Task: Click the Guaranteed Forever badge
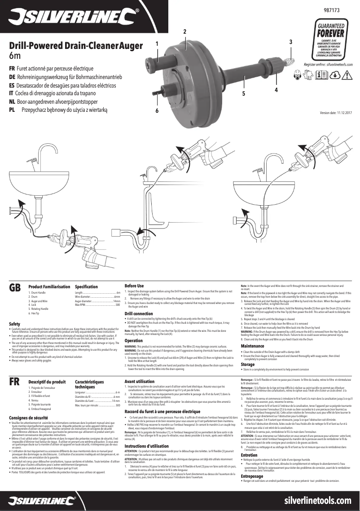(x=331, y=43)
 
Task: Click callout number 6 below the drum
(x=157, y=110)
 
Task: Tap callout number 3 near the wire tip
(x=291, y=42)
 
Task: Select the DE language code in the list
(x=13, y=77)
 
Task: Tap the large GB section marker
(x=15, y=288)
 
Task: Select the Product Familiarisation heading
(x=49, y=286)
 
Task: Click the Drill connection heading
(x=139, y=313)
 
